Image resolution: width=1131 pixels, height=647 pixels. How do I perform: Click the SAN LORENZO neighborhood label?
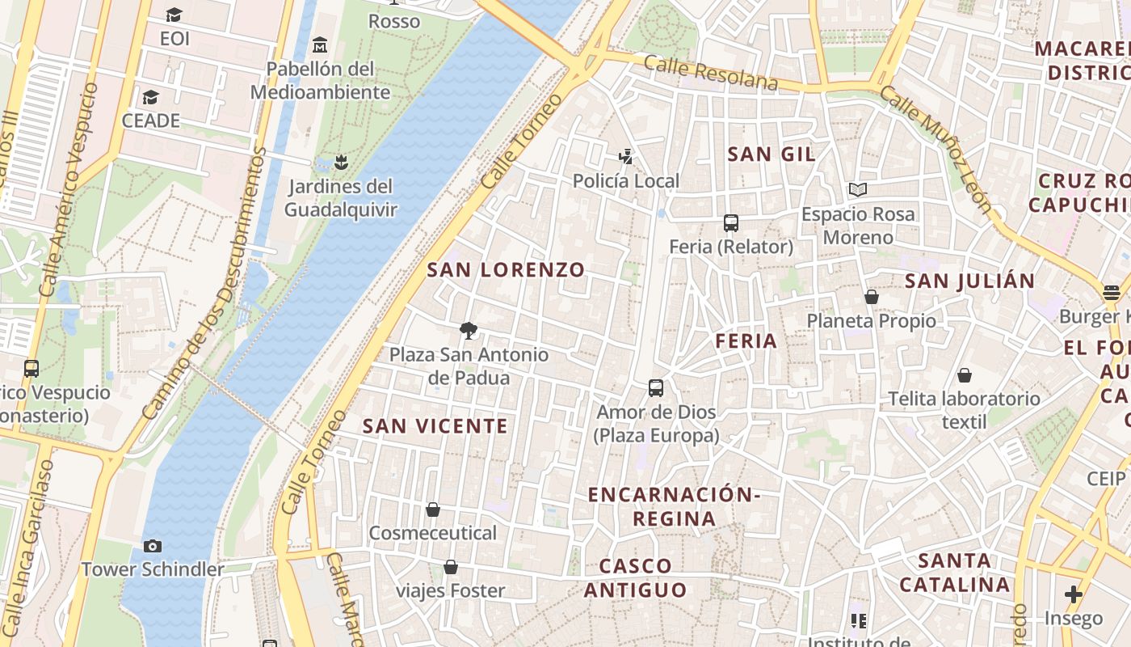tap(506, 270)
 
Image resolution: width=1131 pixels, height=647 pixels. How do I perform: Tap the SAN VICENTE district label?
tap(435, 426)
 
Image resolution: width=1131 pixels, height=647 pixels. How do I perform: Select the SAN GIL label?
tap(772, 154)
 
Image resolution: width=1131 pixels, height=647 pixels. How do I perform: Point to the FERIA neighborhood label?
tap(746, 341)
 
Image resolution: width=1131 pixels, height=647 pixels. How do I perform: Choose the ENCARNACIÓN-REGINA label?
tap(674, 506)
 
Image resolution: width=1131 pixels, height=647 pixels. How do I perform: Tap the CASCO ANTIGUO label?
tap(636, 578)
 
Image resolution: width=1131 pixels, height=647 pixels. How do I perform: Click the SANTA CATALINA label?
tap(955, 573)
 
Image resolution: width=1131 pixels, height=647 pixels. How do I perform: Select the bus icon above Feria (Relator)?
tap(731, 223)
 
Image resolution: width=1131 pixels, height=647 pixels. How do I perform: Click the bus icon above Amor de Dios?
tap(656, 388)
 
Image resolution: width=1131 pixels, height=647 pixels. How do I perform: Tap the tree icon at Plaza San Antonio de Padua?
tap(468, 330)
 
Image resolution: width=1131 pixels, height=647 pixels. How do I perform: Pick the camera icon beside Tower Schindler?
tap(152, 547)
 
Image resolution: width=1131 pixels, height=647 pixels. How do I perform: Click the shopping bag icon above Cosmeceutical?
tap(433, 510)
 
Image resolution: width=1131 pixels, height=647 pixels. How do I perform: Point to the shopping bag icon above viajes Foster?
tap(451, 567)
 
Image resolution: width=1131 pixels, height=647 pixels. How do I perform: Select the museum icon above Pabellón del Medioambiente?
tap(320, 44)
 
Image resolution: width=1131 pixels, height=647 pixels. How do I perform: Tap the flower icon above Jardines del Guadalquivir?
tap(342, 163)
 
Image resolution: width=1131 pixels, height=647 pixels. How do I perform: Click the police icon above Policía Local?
tap(625, 156)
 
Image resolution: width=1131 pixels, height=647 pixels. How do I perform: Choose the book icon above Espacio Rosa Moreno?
tap(858, 190)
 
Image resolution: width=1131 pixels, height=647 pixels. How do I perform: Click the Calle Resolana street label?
tap(711, 74)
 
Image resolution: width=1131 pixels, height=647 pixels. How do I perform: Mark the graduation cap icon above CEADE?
tap(150, 98)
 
